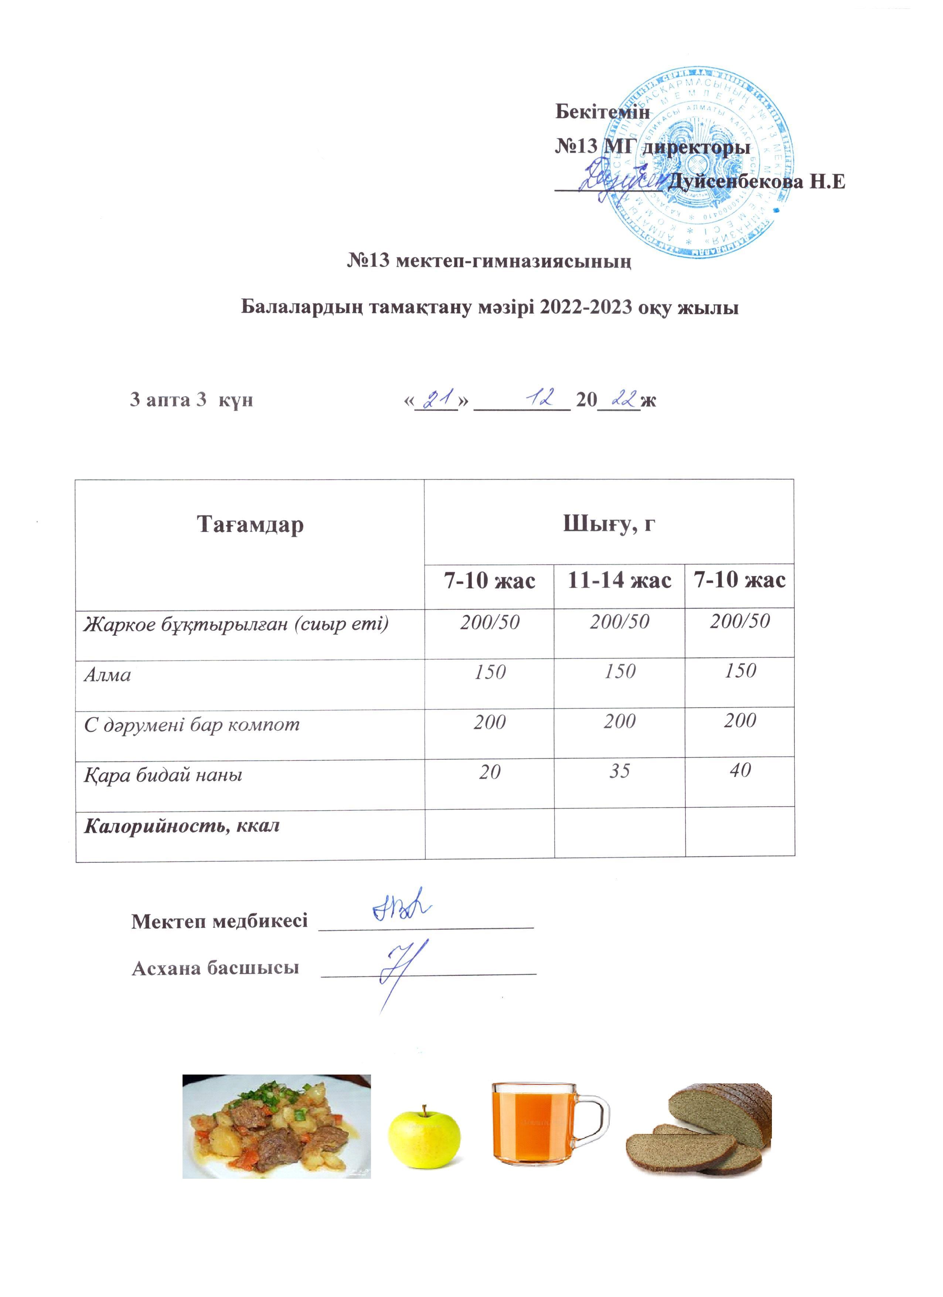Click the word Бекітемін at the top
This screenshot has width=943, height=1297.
[x=602, y=112]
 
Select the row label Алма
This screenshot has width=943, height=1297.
[x=108, y=675]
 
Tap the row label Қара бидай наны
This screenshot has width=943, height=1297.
[x=163, y=775]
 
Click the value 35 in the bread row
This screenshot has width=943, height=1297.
[x=619, y=771]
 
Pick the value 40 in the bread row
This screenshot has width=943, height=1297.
[x=740, y=770]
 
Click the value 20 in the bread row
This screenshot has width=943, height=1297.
[x=490, y=772]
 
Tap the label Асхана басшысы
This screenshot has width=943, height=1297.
[x=215, y=968]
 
